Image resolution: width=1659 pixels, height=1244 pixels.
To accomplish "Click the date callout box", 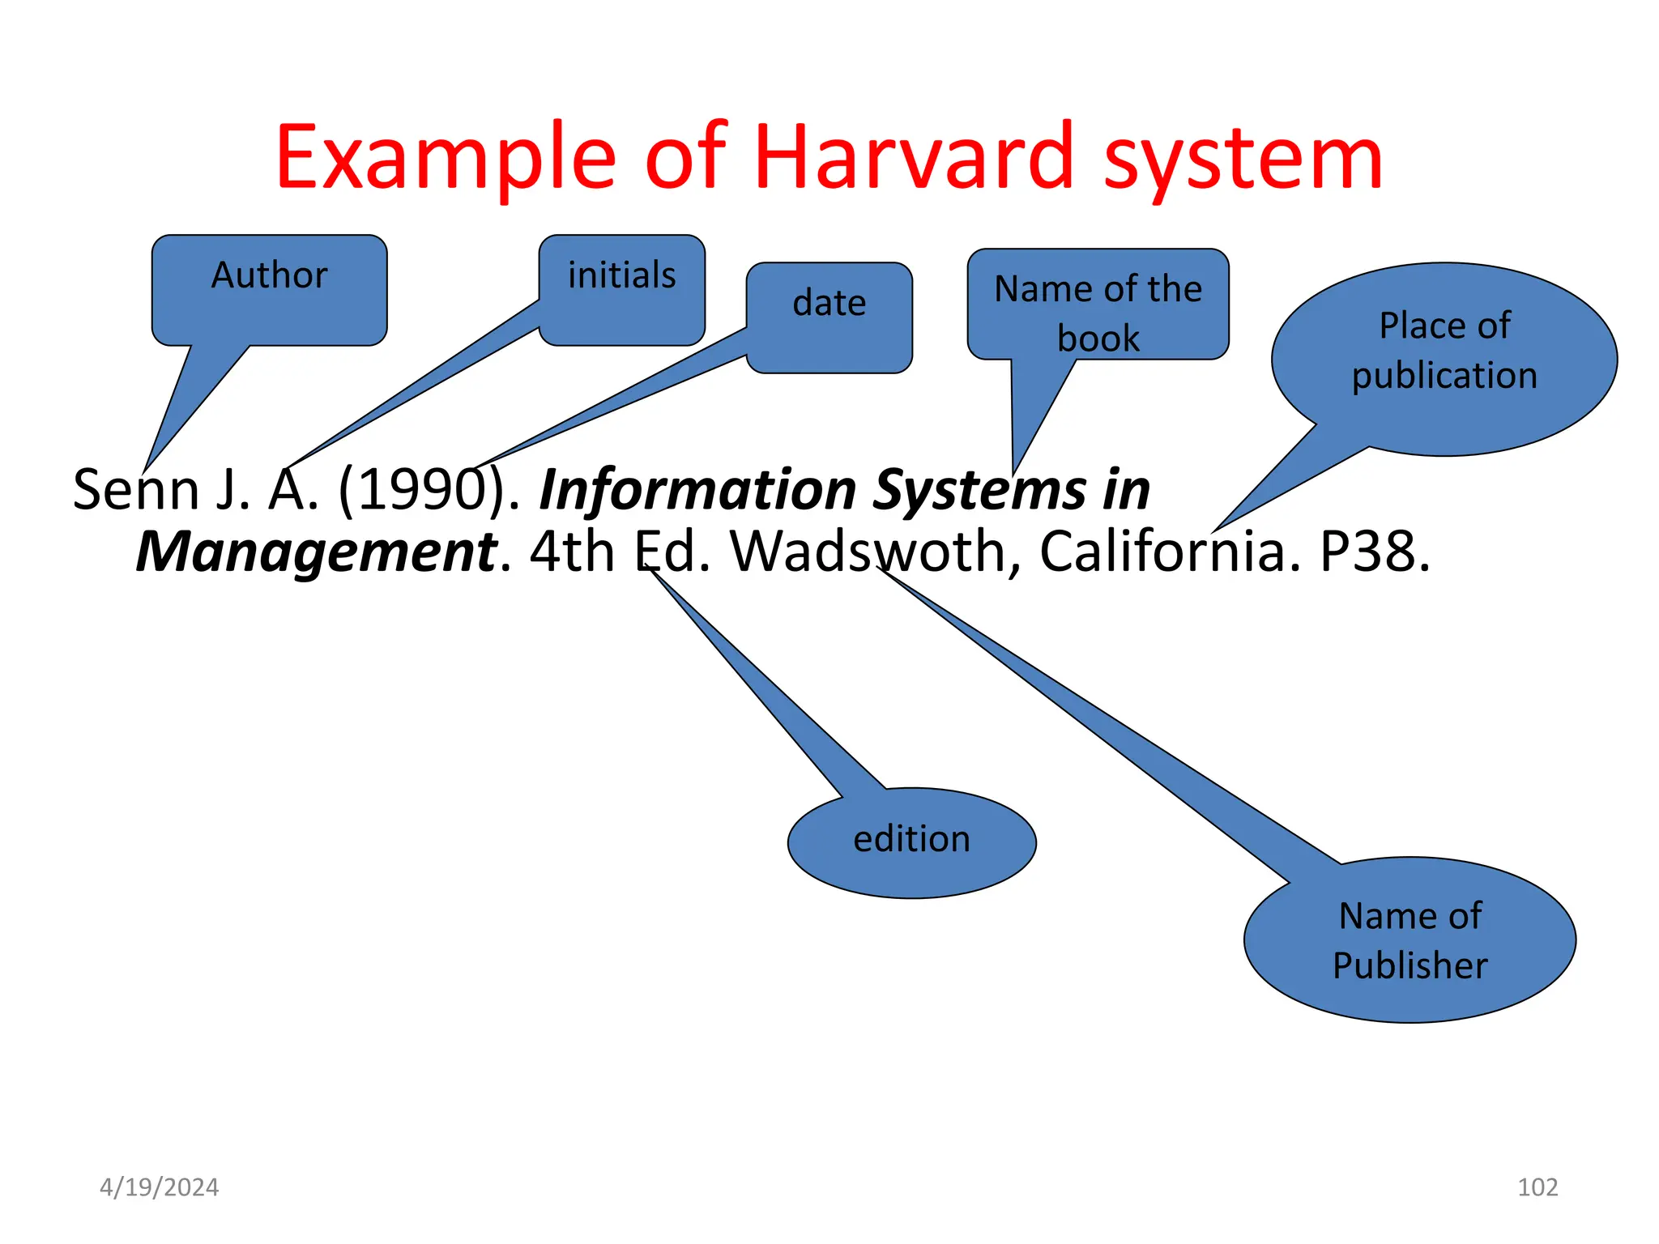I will [829, 317].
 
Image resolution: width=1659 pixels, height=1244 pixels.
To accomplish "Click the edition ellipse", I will [911, 841].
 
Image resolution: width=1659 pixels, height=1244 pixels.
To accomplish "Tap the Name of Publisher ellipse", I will [1410, 939].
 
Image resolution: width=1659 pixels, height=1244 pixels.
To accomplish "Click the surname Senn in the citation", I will [135, 490].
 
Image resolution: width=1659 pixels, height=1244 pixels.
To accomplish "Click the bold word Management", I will [316, 552].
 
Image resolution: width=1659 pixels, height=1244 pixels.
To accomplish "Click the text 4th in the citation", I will [572, 552].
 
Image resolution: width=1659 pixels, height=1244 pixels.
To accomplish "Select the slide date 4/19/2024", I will [159, 1187].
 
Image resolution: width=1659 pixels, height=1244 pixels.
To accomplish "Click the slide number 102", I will [1537, 1187].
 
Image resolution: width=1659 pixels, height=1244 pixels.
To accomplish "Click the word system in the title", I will [1243, 158].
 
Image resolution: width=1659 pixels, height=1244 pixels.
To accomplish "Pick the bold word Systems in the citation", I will [980, 490].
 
